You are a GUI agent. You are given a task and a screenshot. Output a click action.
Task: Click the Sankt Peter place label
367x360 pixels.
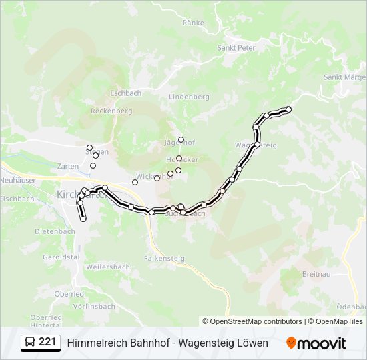click(236, 48)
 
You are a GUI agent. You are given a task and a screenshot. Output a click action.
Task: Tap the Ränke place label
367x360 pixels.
click(193, 23)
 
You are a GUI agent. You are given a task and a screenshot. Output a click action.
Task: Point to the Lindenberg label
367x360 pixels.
click(189, 97)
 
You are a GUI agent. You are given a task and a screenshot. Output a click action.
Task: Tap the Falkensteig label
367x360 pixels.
click(164, 257)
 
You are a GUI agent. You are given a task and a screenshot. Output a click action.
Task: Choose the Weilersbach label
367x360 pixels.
click(108, 267)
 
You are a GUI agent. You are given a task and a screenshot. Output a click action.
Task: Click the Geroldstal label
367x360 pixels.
click(61, 257)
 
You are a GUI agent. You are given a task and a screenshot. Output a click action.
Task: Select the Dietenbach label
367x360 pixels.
click(54, 232)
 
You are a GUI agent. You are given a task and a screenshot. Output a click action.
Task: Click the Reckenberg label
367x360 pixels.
click(111, 111)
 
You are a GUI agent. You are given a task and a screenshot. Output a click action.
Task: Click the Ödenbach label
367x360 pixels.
click(352, 306)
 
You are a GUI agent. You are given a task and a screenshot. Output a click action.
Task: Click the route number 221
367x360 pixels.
click(47, 342)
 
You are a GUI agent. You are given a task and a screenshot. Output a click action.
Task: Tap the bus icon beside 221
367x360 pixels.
click(30, 343)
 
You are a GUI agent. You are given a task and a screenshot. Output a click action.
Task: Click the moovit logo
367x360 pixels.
click(316, 343)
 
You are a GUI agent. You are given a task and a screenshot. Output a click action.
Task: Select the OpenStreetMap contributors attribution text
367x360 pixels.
click(256, 321)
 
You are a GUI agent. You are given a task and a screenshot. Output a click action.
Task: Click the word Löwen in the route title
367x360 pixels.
click(253, 343)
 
